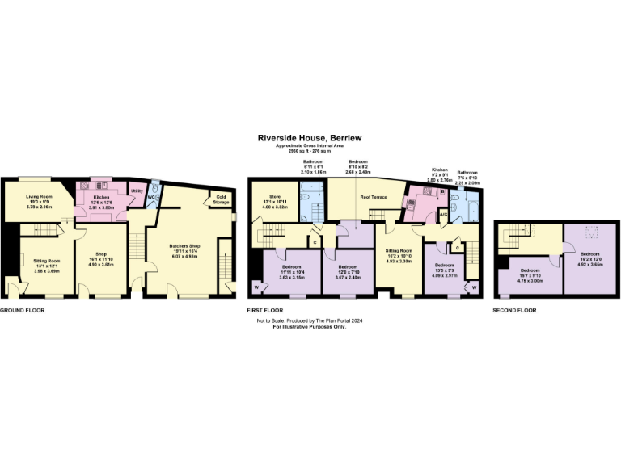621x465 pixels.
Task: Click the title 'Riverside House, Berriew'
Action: tap(310, 138)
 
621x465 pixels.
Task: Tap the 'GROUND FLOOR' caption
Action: tap(20, 310)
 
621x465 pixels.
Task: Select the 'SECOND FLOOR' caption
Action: tap(514, 310)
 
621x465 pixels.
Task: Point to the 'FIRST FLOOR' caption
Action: tap(264, 310)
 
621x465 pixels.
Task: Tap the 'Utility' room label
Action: tap(137, 191)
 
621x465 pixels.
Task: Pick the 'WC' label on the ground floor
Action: tap(151, 197)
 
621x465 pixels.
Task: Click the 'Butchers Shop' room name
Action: tap(185, 245)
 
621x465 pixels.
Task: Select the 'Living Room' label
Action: tap(39, 196)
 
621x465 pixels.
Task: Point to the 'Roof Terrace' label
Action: tap(374, 197)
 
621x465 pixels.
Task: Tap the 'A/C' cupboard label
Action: tap(443, 214)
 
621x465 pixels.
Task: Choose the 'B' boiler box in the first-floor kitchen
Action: tap(443, 192)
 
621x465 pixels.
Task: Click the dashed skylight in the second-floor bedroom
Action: tap(586, 235)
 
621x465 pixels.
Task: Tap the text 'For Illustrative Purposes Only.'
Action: tap(310, 326)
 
